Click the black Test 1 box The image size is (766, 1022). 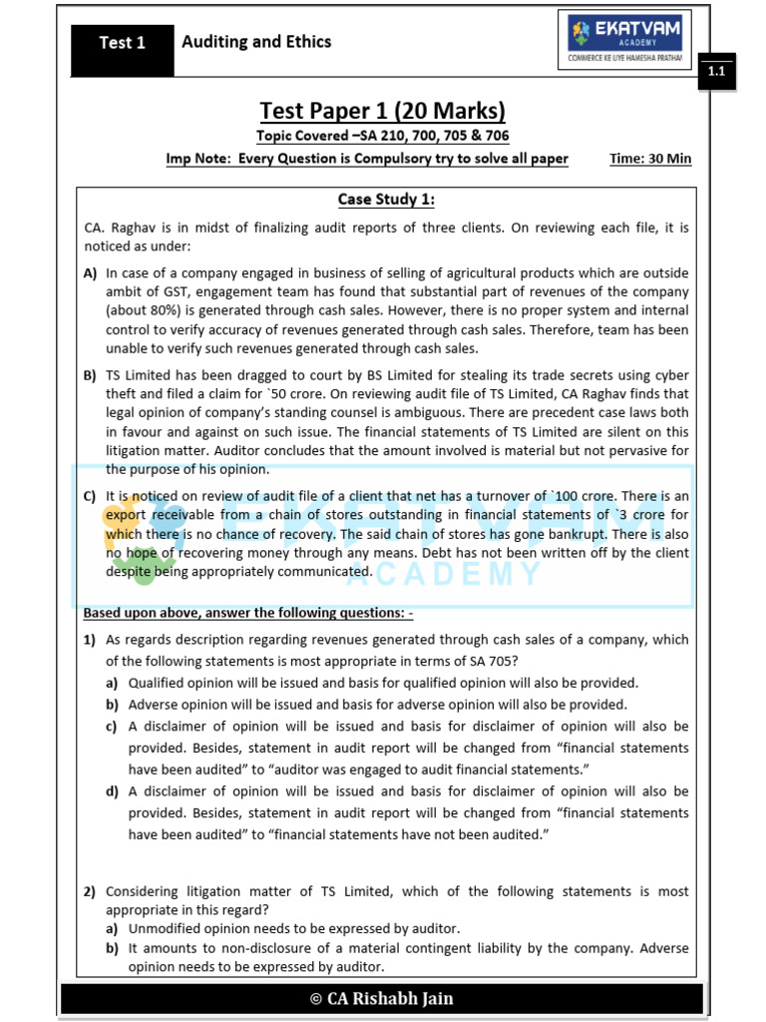(x=122, y=43)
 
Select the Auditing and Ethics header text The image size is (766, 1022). (x=256, y=42)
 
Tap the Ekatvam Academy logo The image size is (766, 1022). (x=624, y=41)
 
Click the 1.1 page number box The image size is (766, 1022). (x=716, y=73)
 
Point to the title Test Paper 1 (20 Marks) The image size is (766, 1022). (x=382, y=111)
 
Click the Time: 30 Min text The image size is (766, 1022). (x=650, y=159)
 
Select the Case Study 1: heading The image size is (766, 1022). (x=386, y=200)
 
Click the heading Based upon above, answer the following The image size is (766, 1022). (x=247, y=613)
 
